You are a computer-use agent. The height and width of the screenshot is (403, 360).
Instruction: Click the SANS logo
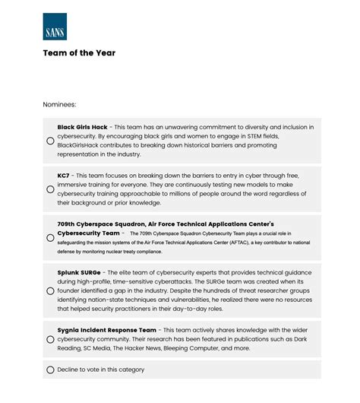(x=55, y=27)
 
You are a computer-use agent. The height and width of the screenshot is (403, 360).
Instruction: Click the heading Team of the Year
(x=79, y=53)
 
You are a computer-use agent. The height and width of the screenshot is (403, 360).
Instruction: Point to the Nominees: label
(x=59, y=104)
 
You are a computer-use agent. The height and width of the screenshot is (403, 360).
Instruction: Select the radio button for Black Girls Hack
(x=50, y=141)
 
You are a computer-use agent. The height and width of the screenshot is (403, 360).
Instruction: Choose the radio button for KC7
(x=50, y=189)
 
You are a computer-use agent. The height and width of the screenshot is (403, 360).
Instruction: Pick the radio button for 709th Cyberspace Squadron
(x=50, y=238)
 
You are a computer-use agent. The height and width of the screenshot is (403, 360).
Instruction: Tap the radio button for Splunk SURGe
(x=50, y=291)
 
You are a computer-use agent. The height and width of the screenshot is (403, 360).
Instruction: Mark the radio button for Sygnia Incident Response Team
(x=50, y=339)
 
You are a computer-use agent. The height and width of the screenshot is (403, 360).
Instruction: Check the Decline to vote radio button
(x=50, y=370)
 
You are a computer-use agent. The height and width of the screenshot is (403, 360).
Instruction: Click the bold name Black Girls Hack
(x=82, y=127)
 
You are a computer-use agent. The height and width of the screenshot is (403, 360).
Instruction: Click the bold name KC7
(x=63, y=176)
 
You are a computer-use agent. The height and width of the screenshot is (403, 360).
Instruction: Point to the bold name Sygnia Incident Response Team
(x=106, y=330)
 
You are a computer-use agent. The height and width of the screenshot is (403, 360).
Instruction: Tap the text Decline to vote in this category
(x=100, y=370)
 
